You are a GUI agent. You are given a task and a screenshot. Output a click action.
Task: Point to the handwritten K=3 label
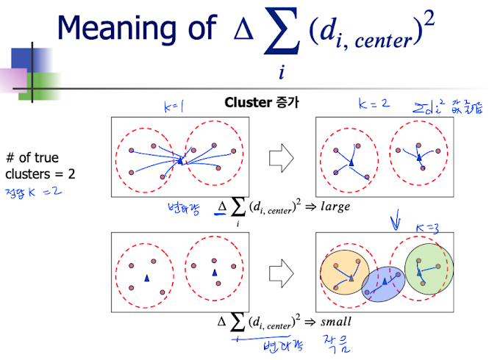coord(428,228)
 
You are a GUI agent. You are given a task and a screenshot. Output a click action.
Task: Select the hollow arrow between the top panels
coord(282,156)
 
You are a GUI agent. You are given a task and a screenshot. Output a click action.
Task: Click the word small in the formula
coord(335,321)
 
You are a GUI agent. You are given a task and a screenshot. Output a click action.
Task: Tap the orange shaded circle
coord(343,273)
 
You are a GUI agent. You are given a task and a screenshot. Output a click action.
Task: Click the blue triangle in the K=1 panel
coord(179,158)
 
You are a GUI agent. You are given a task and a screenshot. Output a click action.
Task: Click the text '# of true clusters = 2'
coord(40,166)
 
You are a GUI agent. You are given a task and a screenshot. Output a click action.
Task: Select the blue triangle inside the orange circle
coord(351,278)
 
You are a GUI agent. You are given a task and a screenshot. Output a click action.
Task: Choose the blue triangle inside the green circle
coord(419,273)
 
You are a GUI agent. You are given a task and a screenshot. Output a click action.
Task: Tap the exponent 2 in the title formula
coord(429,20)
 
